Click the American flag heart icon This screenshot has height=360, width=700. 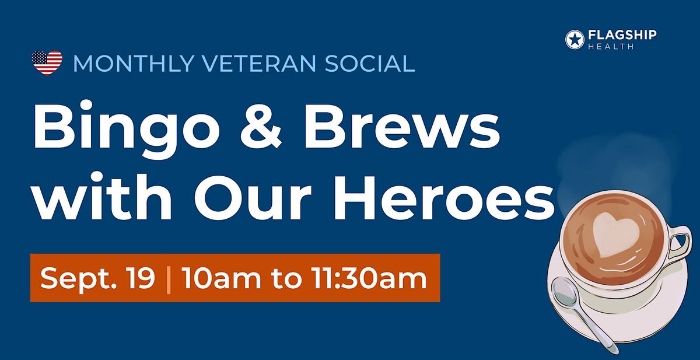point(47,62)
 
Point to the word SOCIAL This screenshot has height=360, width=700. point(370,64)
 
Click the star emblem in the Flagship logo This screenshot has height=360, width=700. point(575,39)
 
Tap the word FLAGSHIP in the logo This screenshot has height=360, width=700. point(622,34)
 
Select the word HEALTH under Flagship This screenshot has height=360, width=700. point(611,47)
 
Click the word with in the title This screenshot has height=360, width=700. point(103,197)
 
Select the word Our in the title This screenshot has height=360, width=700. point(253,199)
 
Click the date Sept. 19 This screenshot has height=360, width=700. point(97,278)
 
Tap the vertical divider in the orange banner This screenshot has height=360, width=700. point(169,279)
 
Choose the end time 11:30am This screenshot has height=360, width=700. point(369,278)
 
